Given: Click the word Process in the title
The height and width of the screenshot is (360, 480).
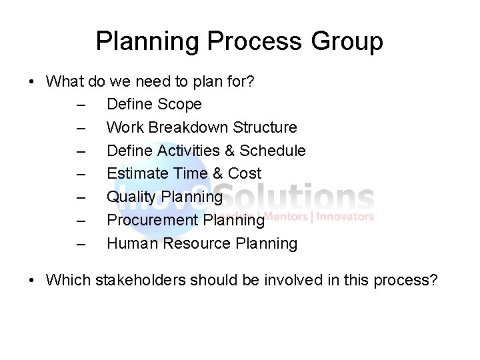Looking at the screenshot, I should (x=257, y=41).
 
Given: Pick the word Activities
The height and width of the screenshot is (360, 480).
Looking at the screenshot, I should (x=190, y=151).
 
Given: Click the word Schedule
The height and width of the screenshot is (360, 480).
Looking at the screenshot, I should (x=272, y=151).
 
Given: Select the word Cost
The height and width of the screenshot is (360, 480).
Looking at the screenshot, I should (x=244, y=174).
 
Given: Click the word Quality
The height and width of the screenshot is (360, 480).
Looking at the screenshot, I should (x=129, y=197).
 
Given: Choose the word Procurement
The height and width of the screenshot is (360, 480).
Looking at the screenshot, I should (x=153, y=221).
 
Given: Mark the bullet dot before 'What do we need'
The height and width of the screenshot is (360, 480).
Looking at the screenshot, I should (x=31, y=81).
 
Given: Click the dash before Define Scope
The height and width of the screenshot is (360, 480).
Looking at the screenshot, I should (x=81, y=105).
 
